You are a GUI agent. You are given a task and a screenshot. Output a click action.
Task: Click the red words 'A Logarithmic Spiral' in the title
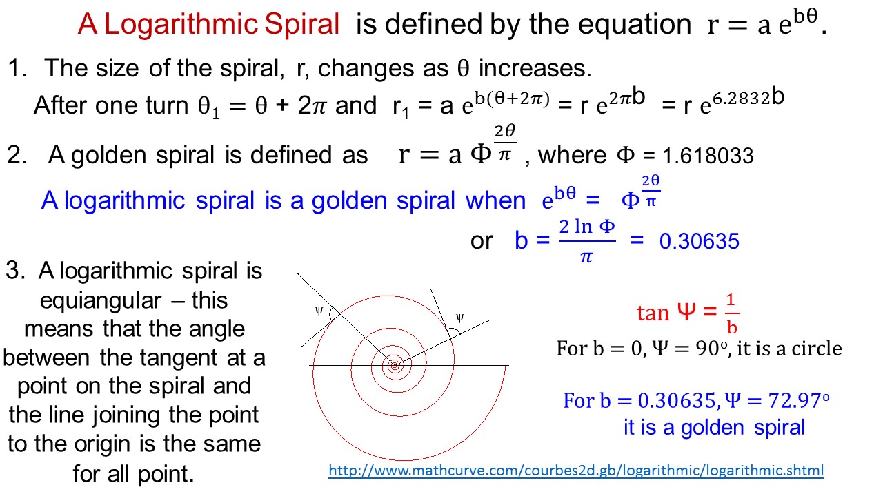click(x=208, y=25)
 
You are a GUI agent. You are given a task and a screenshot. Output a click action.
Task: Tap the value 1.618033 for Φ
click(x=707, y=156)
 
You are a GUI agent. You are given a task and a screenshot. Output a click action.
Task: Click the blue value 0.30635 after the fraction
click(x=700, y=241)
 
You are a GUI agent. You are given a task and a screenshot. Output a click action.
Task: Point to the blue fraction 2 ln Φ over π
click(x=586, y=241)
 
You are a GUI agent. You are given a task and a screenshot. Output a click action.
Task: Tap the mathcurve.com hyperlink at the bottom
click(x=576, y=471)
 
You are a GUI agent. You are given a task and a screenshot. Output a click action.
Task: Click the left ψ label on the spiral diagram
click(x=319, y=311)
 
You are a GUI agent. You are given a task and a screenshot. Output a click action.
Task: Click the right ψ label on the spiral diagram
click(x=460, y=318)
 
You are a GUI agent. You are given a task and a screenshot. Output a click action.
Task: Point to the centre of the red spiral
click(x=395, y=366)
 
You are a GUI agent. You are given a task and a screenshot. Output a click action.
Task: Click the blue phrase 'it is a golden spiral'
click(x=714, y=428)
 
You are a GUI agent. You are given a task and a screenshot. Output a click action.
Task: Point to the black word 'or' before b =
click(x=482, y=241)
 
